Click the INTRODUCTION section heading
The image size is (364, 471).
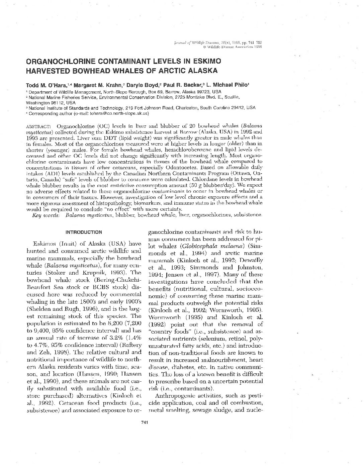84,232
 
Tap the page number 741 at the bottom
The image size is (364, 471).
145,422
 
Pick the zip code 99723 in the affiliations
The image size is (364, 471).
202,92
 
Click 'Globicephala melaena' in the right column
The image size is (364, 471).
208,246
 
